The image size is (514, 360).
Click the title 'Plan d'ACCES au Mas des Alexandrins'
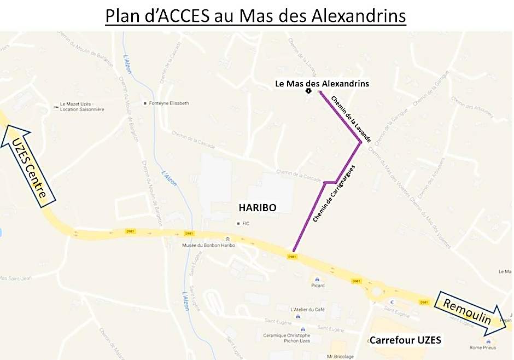point(256,16)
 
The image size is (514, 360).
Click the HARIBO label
point(257,208)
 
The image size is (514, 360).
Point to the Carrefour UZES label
point(405,340)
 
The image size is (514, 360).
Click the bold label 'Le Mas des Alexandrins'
point(322,84)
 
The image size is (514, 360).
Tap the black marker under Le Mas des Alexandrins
point(308,91)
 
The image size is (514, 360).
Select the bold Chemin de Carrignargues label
point(334,193)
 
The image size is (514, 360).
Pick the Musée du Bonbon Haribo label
point(208,246)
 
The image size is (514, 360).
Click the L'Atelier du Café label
point(308,310)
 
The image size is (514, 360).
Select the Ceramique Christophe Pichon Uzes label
point(287,338)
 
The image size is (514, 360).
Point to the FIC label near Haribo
point(246,223)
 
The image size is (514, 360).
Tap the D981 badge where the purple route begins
point(293,256)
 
